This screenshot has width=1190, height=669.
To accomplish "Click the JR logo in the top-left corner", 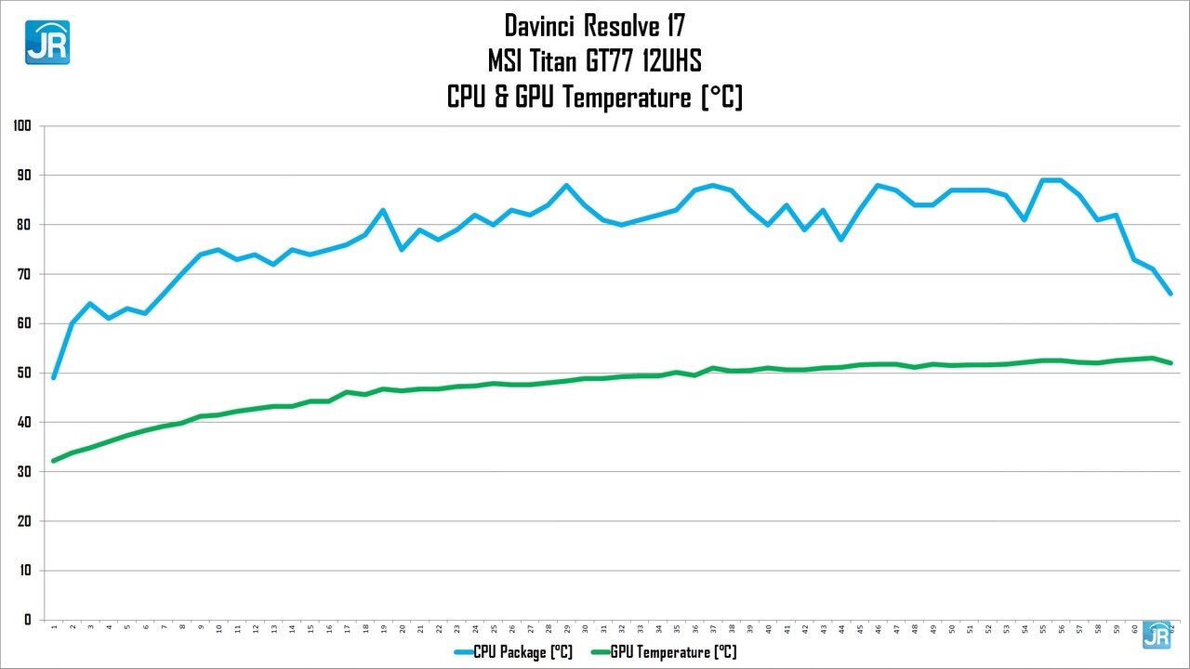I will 46,42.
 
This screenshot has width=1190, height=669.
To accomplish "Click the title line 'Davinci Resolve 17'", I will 594,24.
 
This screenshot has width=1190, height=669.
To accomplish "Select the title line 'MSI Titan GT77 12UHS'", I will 594,61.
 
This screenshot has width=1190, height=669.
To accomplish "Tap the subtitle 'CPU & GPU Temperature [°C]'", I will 594,97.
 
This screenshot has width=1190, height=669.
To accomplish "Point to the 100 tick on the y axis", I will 22,125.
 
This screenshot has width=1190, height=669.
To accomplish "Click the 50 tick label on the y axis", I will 25,373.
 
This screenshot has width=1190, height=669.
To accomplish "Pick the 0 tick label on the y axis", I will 29,620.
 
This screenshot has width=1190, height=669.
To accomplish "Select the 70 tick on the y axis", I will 25,274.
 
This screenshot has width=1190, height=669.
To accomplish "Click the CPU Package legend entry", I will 513,652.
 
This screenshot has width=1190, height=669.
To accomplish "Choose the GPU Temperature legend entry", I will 662,652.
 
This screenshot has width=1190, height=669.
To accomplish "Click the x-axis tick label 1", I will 54,629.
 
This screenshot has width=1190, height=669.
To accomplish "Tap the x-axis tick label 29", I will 566,629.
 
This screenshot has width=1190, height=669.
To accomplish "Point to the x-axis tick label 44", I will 841,629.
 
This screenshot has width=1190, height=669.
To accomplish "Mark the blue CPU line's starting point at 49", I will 54,377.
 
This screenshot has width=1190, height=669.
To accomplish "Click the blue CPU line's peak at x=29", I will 566,185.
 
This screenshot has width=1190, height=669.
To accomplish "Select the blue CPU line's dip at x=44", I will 841,240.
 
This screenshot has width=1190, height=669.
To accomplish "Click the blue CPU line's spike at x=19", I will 383,210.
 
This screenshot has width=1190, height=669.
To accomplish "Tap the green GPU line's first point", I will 54,460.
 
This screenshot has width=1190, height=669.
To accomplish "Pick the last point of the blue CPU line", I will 1170,294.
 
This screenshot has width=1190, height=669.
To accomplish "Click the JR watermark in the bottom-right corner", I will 1157,635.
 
